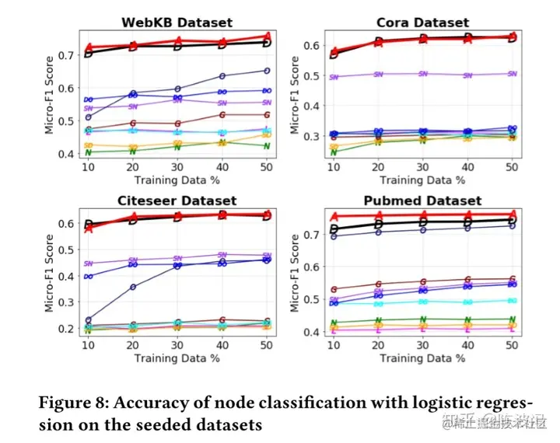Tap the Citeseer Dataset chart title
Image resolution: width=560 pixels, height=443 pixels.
click(x=178, y=201)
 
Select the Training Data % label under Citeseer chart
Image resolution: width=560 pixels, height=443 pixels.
click(x=178, y=358)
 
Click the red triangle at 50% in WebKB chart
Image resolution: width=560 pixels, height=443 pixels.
click(x=268, y=36)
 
